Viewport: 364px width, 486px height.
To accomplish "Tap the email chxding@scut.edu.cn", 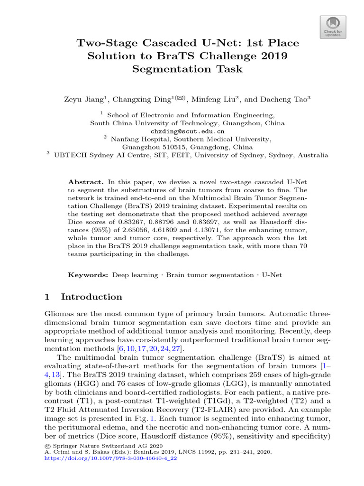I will (x=187, y=131).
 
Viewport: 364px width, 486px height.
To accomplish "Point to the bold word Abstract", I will (x=85, y=182).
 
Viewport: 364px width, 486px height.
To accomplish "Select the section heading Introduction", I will (x=91, y=297).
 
